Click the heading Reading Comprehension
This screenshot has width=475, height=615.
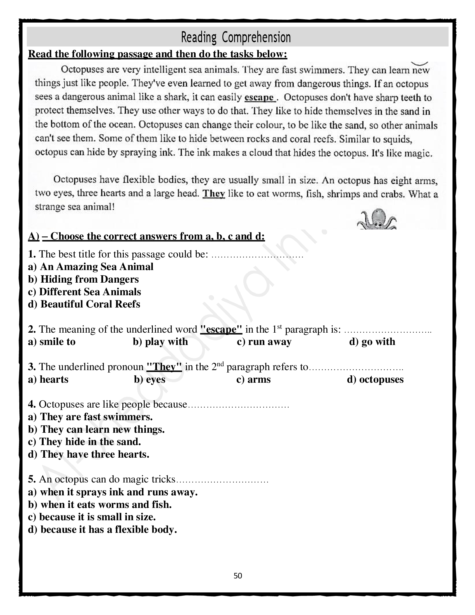click(x=236, y=37)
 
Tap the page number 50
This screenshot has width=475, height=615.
click(x=238, y=576)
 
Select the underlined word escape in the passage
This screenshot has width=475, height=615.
click(x=259, y=98)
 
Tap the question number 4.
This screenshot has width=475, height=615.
click(x=32, y=405)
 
